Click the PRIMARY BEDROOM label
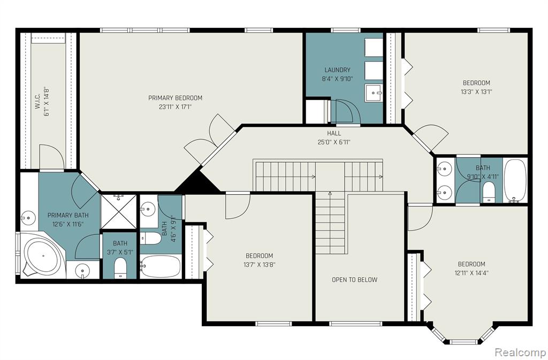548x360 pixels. tap(175, 98)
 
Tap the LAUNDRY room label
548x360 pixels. tap(337, 70)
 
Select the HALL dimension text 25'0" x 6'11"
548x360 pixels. tap(334, 142)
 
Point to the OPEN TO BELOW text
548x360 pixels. tap(354, 279)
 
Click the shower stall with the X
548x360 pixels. tap(119, 212)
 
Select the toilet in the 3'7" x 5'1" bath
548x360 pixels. tap(120, 268)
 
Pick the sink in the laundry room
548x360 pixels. tap(374, 93)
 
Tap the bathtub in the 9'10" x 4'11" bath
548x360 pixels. tap(515, 181)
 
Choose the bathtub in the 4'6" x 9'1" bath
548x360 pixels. tap(161, 266)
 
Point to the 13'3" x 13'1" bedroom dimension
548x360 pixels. tap(476, 92)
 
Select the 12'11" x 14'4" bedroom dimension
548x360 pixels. tap(471, 273)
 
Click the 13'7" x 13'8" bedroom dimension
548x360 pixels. tap(260, 264)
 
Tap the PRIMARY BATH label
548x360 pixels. tap(68, 215)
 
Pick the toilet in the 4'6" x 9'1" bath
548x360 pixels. tap(150, 239)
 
